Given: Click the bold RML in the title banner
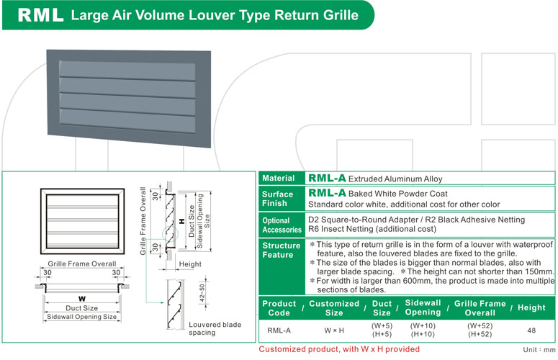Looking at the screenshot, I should click(40, 16).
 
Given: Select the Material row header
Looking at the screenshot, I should click(279, 179).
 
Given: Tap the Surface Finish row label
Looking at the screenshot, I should click(278, 199).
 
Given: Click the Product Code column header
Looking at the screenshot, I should click(279, 308).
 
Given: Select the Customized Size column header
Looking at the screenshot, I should click(334, 308).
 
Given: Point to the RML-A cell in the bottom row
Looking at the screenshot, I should click(279, 330).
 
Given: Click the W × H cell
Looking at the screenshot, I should click(334, 330).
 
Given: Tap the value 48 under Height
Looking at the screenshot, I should click(531, 330).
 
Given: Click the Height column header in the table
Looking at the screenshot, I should click(531, 308).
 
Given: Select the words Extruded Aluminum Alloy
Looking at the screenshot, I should click(395, 179).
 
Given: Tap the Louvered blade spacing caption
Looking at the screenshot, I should click(215, 329).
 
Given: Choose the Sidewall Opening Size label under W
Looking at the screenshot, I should click(81, 317).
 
